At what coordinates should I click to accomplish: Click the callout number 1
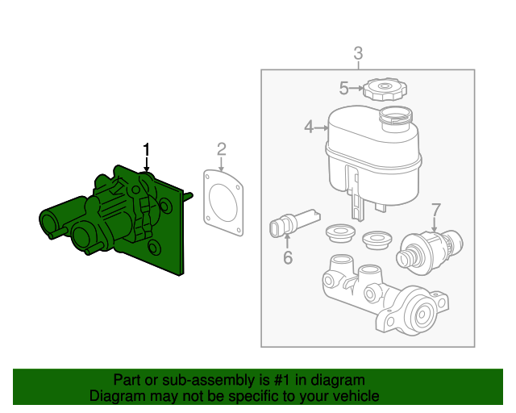147,149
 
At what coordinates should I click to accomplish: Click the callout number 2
221,148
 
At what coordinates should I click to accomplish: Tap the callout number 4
309,127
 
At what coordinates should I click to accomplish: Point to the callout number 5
343,89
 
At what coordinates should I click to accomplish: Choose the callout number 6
287,258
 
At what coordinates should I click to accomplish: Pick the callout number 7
436,210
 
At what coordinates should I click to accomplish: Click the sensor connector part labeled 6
292,225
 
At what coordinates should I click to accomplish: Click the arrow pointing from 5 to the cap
357,89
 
